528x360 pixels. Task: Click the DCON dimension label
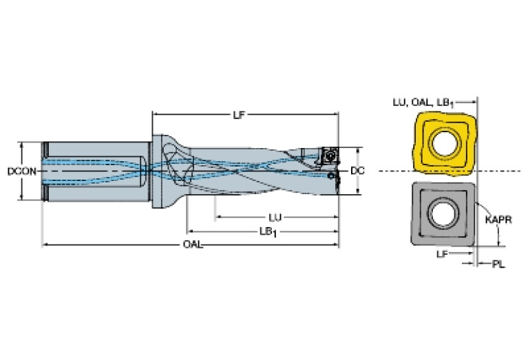coord(22,171)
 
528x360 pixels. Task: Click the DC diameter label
coord(357,171)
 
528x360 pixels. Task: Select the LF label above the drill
coord(239,115)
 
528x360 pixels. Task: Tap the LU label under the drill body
coord(275,218)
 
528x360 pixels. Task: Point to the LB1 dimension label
coord(268,232)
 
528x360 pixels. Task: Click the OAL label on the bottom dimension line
coord(193,244)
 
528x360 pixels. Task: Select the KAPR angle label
coord(498,220)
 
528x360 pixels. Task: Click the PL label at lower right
coord(498,264)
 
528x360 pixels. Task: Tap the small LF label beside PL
coord(442,254)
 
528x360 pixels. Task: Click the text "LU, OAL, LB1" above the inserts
coord(423,103)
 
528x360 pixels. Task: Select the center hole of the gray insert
coord(443,213)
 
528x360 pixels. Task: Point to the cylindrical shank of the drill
coord(96,172)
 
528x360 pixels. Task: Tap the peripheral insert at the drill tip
coord(329,156)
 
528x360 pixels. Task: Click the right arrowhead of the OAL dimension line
coord(336,244)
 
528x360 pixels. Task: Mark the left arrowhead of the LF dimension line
coord(156,115)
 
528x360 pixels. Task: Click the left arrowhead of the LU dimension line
coord(218,218)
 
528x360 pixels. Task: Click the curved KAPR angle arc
coord(492,216)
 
